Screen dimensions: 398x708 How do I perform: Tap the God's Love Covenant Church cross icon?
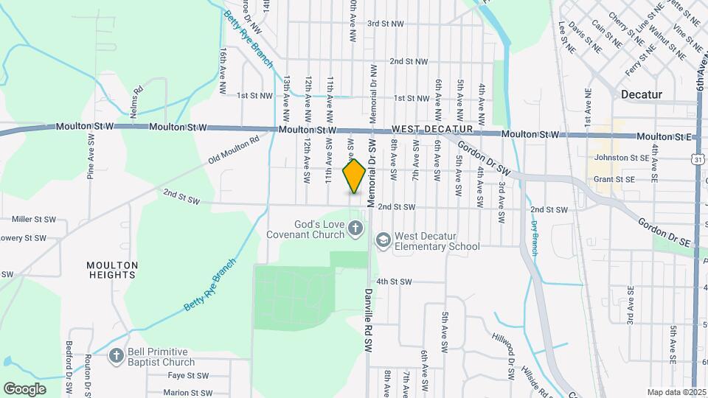tap(355, 228)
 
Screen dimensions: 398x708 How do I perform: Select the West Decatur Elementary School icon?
tap(383, 240)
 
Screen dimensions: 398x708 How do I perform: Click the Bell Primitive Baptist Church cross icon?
tap(116, 357)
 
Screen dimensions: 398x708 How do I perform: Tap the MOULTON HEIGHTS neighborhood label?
tap(112, 270)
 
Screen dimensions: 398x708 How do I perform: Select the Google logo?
tap(24, 388)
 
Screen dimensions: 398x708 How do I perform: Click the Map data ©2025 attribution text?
tap(676, 392)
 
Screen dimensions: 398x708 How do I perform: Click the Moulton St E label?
tap(664, 137)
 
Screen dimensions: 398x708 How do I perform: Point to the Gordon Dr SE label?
tap(664, 232)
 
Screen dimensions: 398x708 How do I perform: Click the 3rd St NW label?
tap(386, 24)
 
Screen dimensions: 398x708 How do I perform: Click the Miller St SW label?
tap(34, 219)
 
